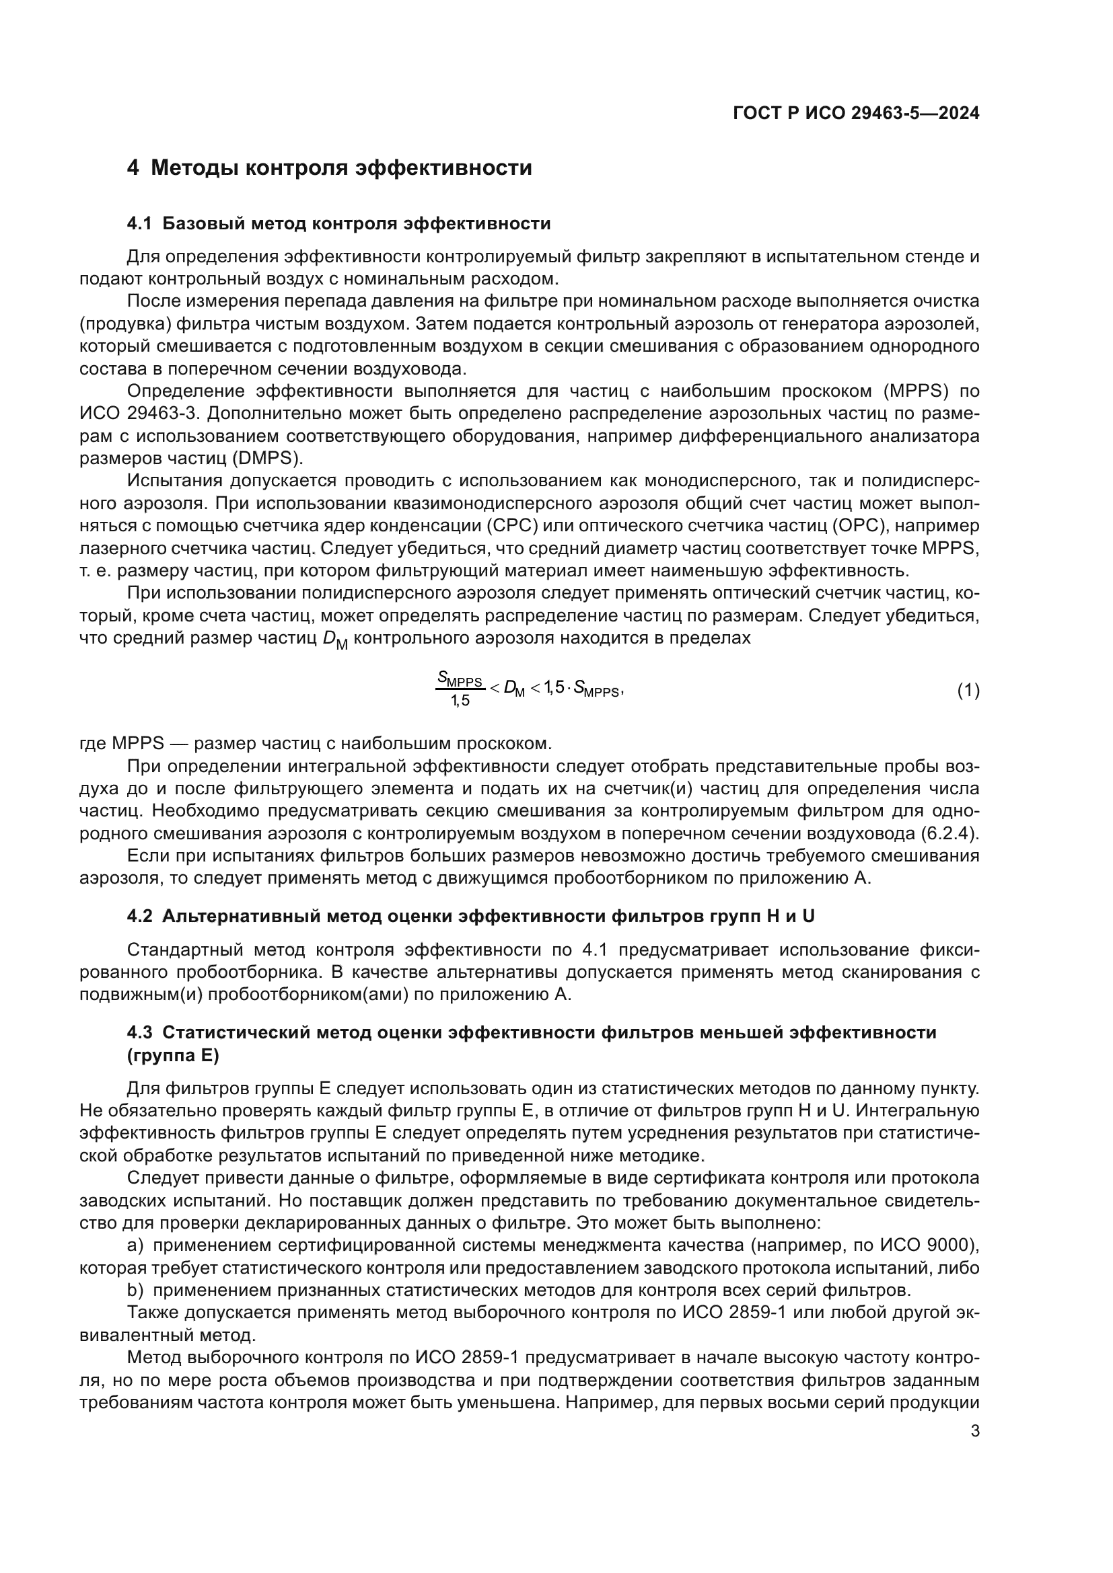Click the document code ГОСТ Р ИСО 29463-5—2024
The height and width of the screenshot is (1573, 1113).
click(856, 113)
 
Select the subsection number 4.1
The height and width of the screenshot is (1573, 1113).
click(139, 224)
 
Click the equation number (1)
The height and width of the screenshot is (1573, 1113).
click(968, 691)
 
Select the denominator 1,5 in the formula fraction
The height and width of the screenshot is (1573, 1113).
click(460, 701)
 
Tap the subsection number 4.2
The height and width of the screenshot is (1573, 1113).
click(139, 917)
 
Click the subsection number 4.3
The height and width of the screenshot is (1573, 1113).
click(139, 1032)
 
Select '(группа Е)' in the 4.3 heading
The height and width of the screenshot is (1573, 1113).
click(173, 1056)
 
